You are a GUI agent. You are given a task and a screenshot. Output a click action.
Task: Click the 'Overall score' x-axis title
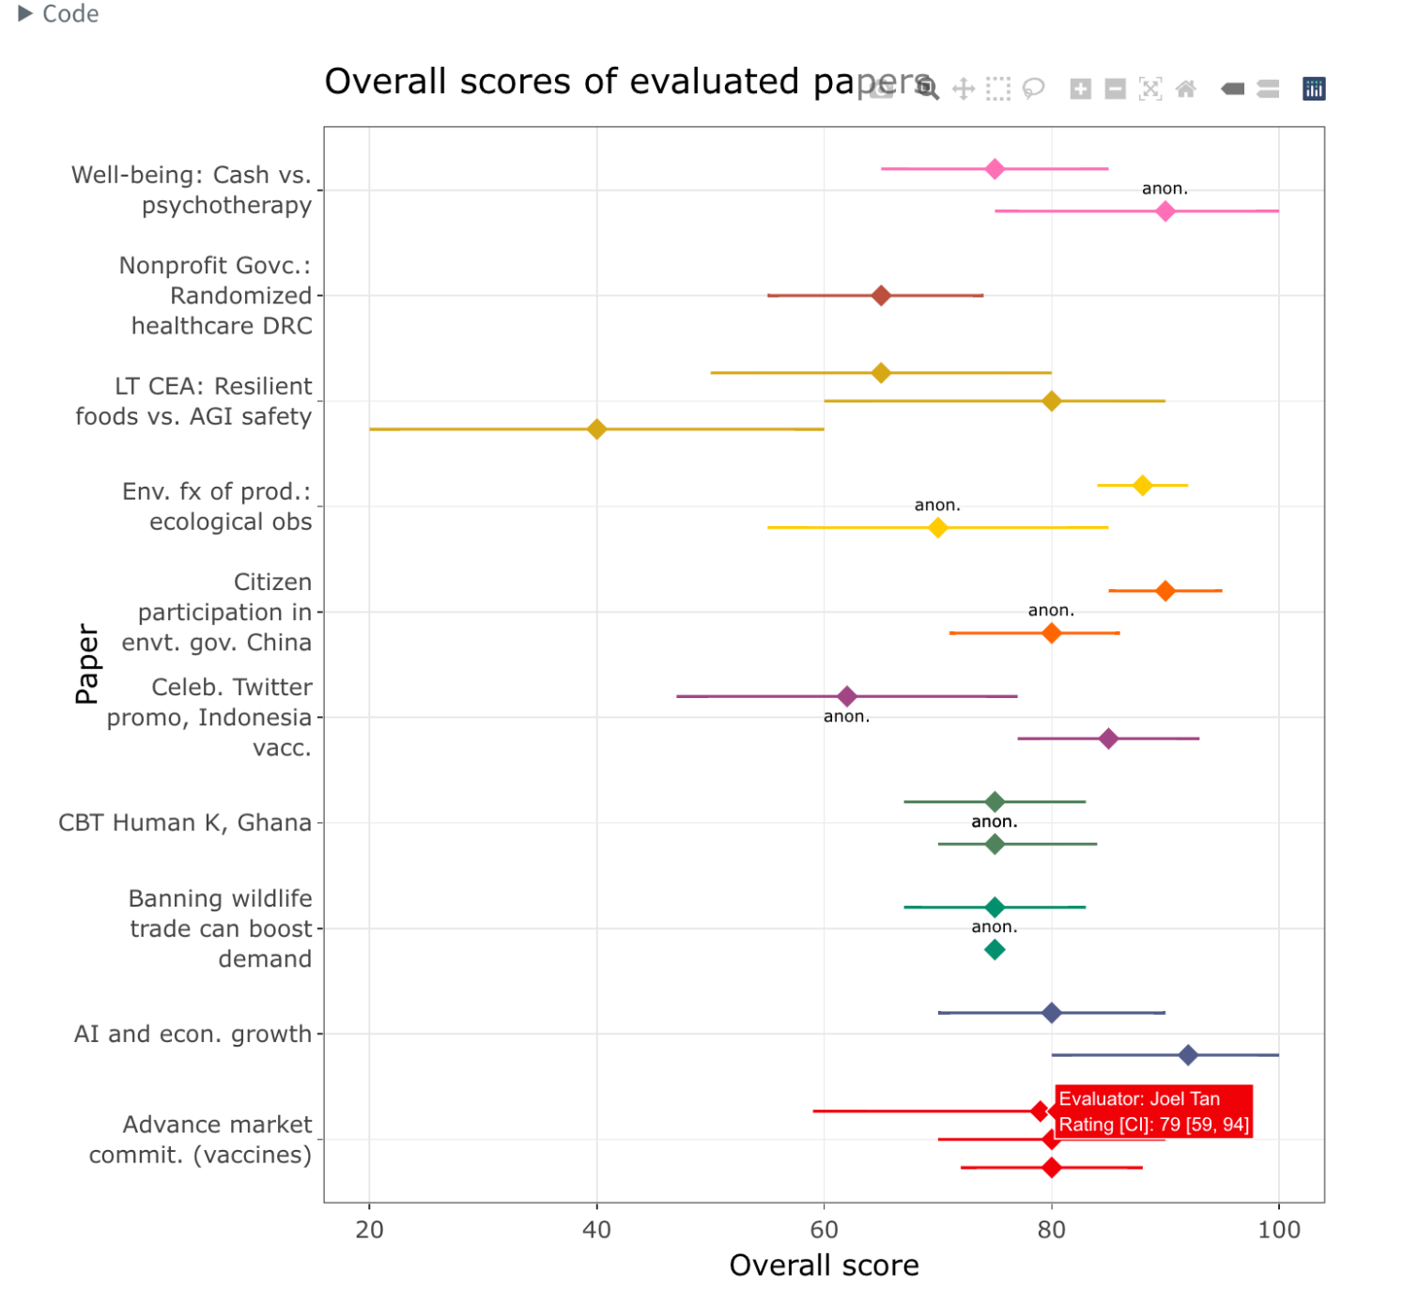click(x=824, y=1265)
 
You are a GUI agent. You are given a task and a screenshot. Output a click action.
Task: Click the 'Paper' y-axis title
click(x=86, y=663)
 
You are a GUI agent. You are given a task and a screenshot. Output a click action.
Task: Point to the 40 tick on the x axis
click(x=596, y=1229)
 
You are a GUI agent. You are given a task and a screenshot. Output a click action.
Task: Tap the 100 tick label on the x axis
click(x=1278, y=1229)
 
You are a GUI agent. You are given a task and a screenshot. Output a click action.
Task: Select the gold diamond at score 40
click(x=596, y=429)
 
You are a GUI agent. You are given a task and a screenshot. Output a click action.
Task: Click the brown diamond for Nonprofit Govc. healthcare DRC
click(x=881, y=296)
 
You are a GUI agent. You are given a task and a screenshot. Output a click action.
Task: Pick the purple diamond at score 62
click(x=846, y=696)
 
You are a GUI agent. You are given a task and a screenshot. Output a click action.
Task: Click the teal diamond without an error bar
click(x=995, y=950)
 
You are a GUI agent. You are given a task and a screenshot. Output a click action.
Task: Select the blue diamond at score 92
click(x=1188, y=1055)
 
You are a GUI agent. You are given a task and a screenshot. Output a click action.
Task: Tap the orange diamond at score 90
click(x=1165, y=591)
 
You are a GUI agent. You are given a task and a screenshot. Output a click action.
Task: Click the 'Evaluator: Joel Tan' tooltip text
click(x=1139, y=1098)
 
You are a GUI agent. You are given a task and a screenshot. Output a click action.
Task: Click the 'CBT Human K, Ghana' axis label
click(x=185, y=823)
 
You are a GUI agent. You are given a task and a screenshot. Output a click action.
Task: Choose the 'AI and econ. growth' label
click(x=193, y=1034)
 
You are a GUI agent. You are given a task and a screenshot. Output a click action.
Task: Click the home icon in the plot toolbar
click(x=1186, y=89)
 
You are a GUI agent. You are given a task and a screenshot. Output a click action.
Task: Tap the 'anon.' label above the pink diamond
click(x=1165, y=189)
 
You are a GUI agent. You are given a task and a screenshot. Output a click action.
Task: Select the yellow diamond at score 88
click(x=1142, y=486)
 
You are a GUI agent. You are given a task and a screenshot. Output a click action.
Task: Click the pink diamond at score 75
click(x=995, y=169)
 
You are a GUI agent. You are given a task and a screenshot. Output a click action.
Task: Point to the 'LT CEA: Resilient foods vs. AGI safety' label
click(x=193, y=401)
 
